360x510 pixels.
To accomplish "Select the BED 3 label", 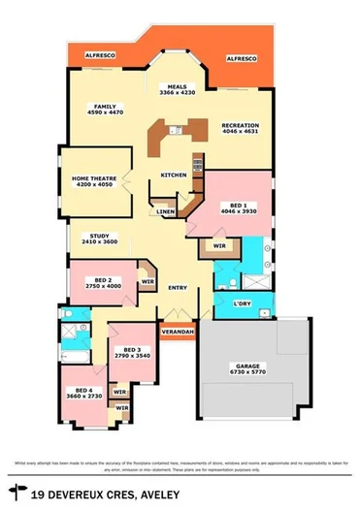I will point(132,351).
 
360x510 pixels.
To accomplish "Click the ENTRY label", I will point(178,288).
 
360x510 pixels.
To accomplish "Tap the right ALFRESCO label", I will point(241,60).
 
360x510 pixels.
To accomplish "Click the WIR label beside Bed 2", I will point(147,282).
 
